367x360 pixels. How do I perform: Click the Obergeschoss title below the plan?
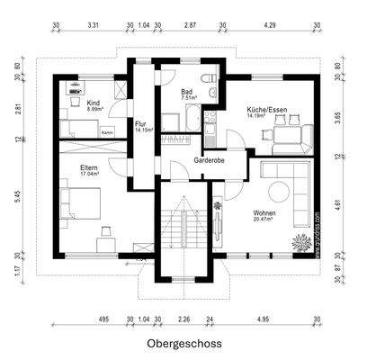[183, 344]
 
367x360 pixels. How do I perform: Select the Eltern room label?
[89, 167]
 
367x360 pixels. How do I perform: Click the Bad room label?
[187, 91]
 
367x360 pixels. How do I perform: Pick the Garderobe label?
[209, 160]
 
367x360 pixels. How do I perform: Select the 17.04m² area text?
[89, 175]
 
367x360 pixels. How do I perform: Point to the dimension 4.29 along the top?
[271, 27]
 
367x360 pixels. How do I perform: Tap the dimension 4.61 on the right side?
[336, 205]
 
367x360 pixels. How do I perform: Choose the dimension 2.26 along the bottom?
[183, 319]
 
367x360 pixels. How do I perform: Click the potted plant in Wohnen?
[300, 240]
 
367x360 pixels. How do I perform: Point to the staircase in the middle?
[184, 225]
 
